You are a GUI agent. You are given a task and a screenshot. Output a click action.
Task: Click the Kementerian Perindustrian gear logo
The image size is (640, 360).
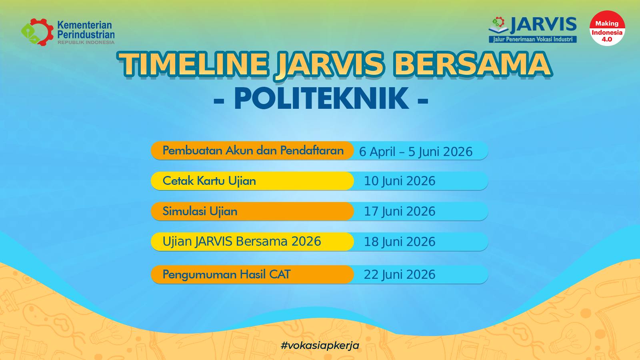[x=37, y=32]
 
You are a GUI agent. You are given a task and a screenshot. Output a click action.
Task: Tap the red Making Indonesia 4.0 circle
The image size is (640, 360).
[x=607, y=28]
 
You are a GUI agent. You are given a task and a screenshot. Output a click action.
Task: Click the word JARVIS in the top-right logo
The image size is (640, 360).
[x=543, y=25]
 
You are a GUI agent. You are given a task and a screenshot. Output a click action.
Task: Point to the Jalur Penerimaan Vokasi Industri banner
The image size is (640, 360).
[x=532, y=40]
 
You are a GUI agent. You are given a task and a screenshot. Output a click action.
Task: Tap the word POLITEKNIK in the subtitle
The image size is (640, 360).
[x=321, y=98]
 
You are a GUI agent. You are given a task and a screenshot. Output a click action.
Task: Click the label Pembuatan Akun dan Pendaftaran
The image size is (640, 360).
[x=253, y=150]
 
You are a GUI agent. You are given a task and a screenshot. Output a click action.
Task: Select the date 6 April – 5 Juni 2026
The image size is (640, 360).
[x=416, y=152]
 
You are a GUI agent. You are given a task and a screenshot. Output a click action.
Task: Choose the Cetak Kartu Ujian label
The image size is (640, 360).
[x=209, y=181]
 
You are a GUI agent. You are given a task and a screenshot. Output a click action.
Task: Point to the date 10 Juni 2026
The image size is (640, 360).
[x=400, y=181]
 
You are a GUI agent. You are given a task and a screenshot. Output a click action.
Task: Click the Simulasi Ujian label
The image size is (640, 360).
[x=200, y=212]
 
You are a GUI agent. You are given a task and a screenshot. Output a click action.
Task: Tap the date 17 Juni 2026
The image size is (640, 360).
[x=400, y=212]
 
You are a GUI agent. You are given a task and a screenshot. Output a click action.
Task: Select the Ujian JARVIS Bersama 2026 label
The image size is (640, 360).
[x=242, y=242]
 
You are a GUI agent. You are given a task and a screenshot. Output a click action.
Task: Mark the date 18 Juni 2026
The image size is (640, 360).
[x=400, y=242]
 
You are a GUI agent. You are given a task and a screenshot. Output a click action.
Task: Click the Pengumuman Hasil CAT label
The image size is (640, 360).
[x=226, y=274]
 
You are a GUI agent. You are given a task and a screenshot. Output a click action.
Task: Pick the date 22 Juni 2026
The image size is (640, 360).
[x=400, y=274]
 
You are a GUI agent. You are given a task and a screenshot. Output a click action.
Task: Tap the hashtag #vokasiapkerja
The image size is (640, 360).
[x=320, y=346]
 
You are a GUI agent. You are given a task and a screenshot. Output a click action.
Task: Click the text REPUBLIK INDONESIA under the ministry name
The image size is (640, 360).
[x=86, y=42]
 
